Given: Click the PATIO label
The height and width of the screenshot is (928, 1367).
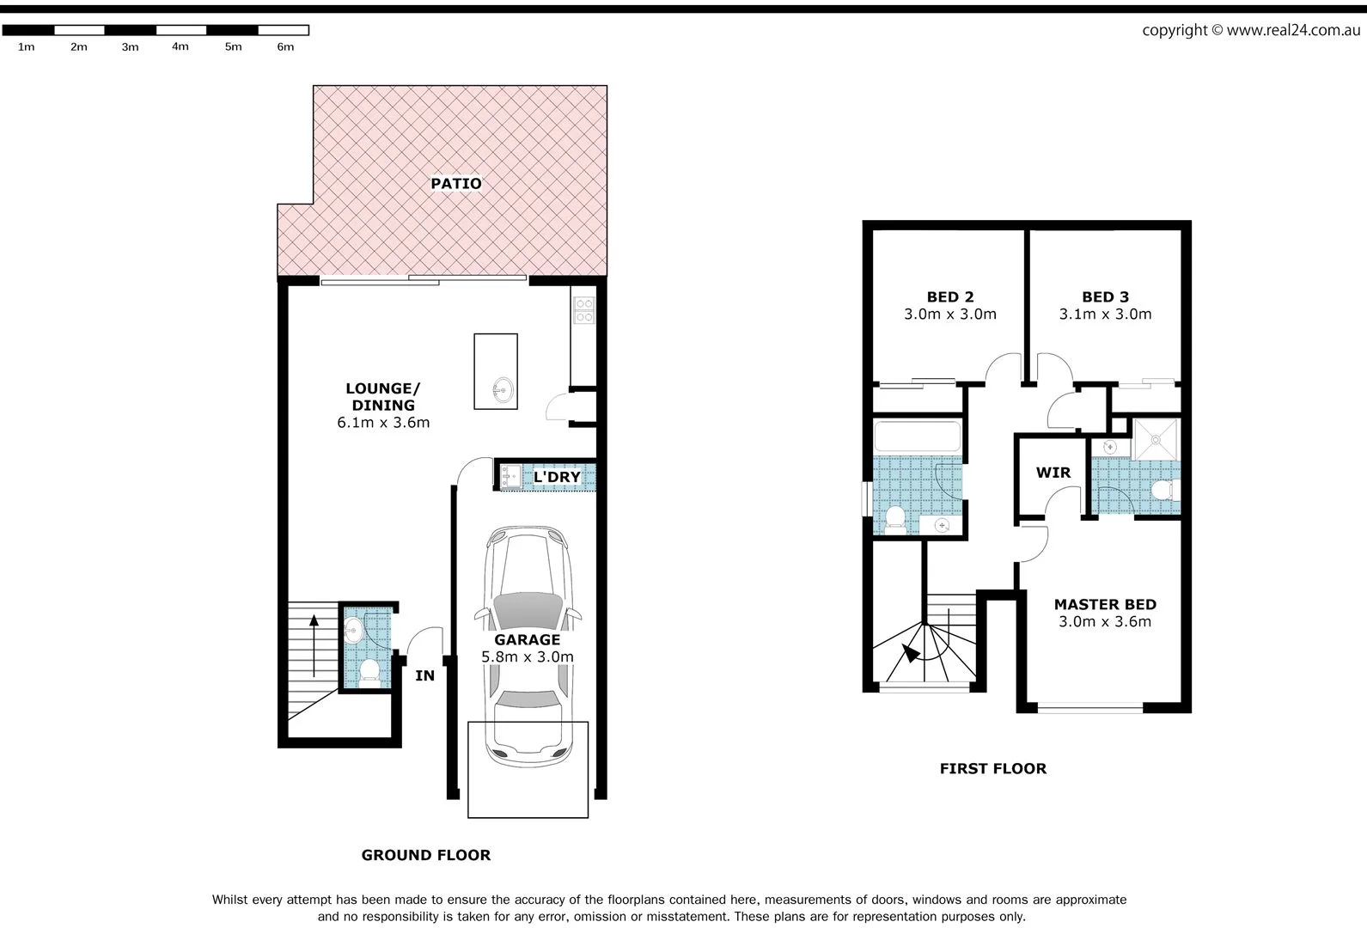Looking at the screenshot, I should pyautogui.click(x=455, y=183).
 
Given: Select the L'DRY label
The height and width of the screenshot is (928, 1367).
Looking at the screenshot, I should pyautogui.click(x=557, y=477).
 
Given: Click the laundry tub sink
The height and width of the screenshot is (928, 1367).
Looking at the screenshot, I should pyautogui.click(x=510, y=476).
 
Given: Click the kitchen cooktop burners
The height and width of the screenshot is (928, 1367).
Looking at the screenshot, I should pyautogui.click(x=584, y=310).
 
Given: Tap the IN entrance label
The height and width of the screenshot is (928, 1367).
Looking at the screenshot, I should pyautogui.click(x=424, y=676).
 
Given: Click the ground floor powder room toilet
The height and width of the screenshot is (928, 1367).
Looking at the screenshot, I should pyautogui.click(x=369, y=670).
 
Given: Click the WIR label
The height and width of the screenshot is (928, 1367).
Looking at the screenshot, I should pyautogui.click(x=1053, y=473).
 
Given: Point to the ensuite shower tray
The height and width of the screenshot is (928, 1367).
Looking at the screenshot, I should pyautogui.click(x=1156, y=439).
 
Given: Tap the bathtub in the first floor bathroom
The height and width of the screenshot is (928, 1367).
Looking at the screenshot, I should pyautogui.click(x=917, y=437).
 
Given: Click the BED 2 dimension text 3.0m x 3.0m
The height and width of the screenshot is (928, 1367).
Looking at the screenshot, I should pyautogui.click(x=949, y=314).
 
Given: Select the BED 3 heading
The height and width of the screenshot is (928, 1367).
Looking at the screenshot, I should pyautogui.click(x=1105, y=297).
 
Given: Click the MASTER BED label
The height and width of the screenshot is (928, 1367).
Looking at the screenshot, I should pyautogui.click(x=1105, y=605).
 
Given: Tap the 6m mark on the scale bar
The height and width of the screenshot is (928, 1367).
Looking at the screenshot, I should pyautogui.click(x=285, y=47).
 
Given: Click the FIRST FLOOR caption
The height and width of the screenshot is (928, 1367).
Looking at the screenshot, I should pyautogui.click(x=992, y=769).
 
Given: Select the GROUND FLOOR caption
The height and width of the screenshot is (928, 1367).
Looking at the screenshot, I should pyautogui.click(x=425, y=855).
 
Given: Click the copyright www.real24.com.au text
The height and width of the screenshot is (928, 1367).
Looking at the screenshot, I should pyautogui.click(x=1250, y=30).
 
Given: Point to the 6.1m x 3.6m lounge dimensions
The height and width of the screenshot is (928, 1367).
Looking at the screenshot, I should pyautogui.click(x=383, y=423).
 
